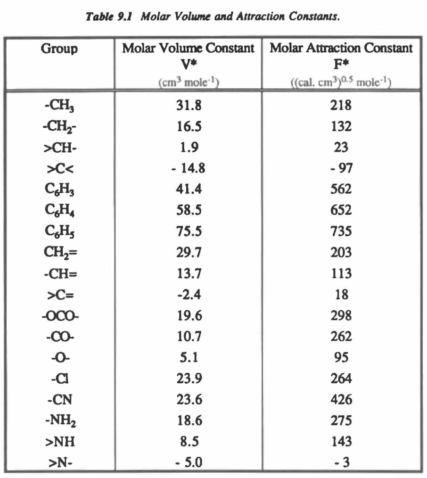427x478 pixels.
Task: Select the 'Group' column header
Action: click(59, 49)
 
